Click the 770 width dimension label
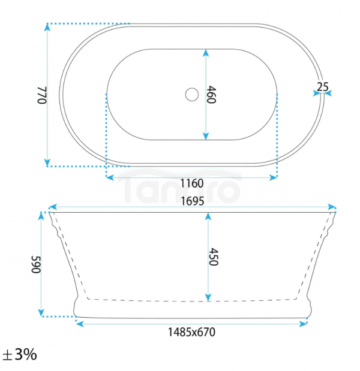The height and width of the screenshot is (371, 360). click(42, 95)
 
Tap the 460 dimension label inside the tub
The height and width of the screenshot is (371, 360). click(211, 95)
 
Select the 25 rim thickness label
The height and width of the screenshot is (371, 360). click(323, 87)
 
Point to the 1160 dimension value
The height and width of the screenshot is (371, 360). click(192, 183)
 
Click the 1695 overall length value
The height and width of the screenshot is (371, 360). click(193, 201)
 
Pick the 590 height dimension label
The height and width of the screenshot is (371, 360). click(36, 264)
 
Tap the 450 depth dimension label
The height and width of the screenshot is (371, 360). click(213, 257)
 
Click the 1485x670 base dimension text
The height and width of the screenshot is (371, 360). click(191, 332)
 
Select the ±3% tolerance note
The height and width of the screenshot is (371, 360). click(20, 354)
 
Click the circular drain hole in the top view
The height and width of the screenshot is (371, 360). click(192, 95)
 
